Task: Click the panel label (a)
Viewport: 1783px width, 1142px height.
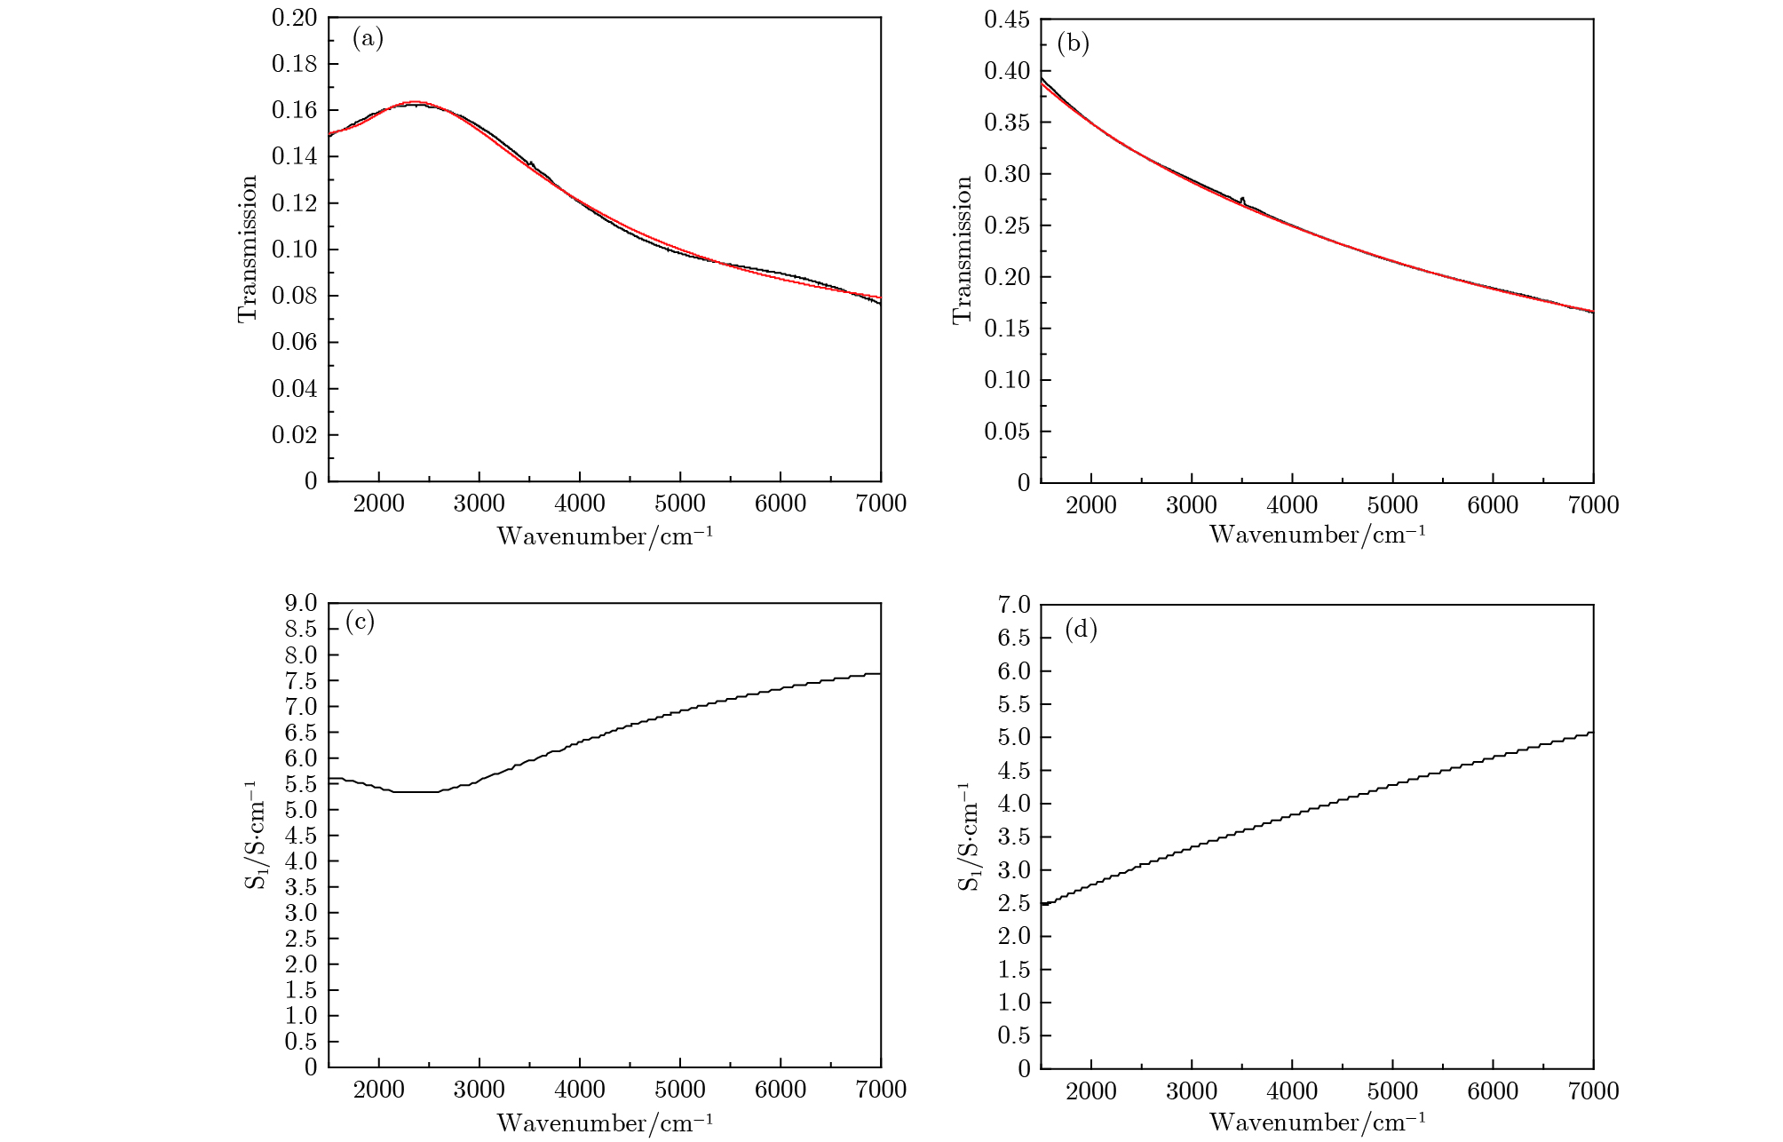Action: click(368, 38)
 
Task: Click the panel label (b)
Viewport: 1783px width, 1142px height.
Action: click(1073, 44)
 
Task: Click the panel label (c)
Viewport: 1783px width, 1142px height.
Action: click(360, 622)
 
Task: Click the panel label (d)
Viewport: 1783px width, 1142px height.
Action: click(1081, 630)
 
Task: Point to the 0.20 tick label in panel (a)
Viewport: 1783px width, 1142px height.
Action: click(294, 18)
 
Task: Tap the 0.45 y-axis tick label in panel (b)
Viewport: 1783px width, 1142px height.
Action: click(1007, 19)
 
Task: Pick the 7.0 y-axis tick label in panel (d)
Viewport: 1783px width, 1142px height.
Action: click(1014, 605)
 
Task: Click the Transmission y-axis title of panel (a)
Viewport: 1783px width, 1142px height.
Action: click(248, 249)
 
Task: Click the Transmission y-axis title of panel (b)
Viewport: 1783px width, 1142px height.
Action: click(963, 250)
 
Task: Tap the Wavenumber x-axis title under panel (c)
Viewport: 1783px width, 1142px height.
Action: click(605, 1122)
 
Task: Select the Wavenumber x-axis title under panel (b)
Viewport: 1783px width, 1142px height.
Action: click(1318, 535)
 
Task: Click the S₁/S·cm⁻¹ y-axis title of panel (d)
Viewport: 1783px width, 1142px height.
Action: click(968, 837)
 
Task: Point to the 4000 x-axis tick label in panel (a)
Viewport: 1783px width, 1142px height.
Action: click(580, 504)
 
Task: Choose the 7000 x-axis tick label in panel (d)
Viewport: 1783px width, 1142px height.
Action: click(1593, 1091)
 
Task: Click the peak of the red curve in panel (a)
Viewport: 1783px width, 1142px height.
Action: click(414, 102)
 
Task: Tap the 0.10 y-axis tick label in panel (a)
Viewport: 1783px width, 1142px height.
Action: click(294, 250)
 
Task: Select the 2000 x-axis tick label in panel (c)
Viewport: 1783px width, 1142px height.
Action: click(379, 1090)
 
